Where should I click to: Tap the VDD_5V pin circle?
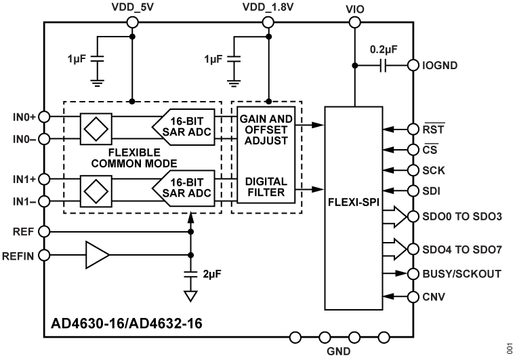132,22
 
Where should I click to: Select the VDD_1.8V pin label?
268,7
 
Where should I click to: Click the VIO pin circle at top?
354,22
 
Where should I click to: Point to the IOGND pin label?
441,66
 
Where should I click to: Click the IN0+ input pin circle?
44,116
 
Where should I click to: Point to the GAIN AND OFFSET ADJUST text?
265,129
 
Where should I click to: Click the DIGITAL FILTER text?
266,188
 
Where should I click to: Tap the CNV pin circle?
411,296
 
